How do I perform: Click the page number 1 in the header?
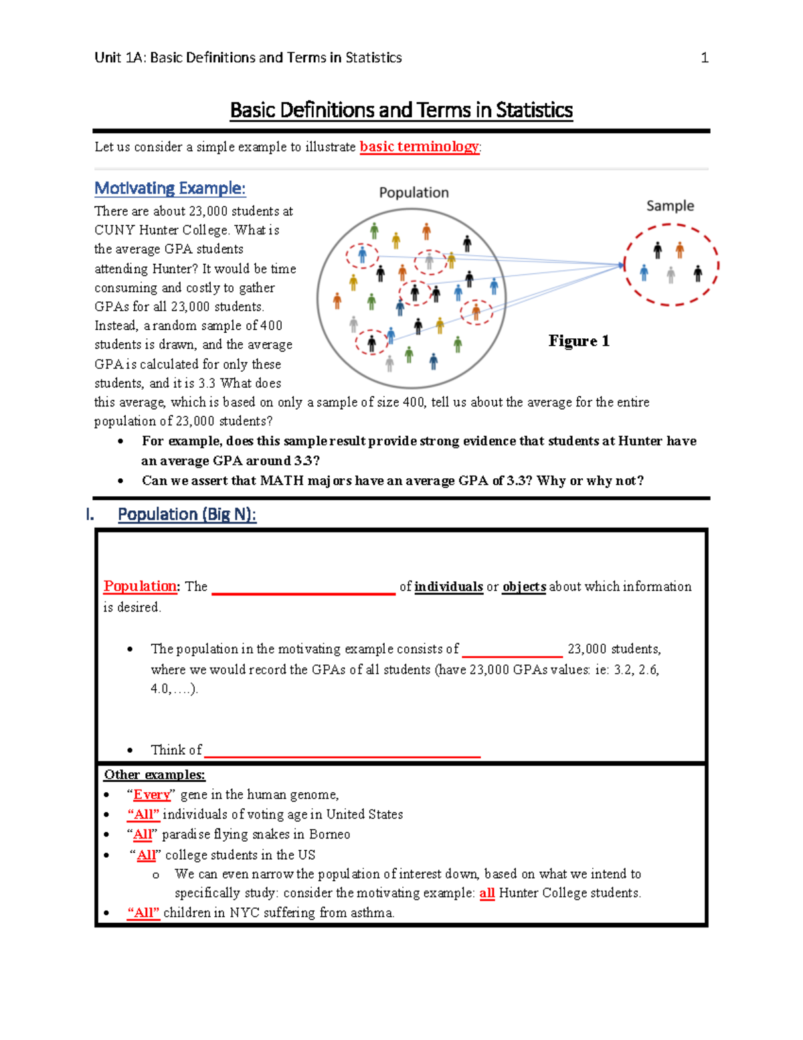coord(704,58)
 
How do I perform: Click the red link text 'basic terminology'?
coord(419,147)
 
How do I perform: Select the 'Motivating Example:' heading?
coord(170,188)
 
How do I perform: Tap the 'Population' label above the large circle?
coord(414,193)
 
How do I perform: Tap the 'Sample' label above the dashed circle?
coord(670,206)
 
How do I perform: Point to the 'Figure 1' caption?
coord(579,341)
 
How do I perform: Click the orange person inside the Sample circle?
coord(680,250)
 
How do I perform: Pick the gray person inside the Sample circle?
coord(671,275)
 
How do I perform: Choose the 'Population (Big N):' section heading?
coord(187,514)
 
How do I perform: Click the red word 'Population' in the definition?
coord(140,587)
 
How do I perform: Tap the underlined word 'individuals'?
coord(448,587)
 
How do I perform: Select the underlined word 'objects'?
coord(524,587)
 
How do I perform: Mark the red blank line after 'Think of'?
coord(342,755)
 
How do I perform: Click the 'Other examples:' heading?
coord(155,775)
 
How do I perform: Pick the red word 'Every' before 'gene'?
coord(152,795)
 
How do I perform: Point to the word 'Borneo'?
coord(329,834)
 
